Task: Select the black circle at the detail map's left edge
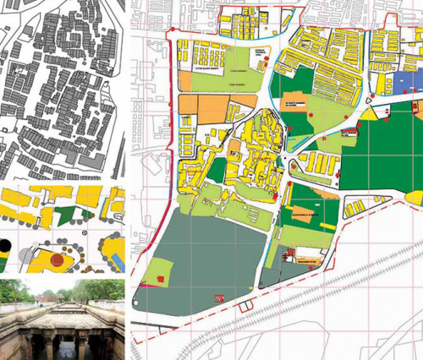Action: tap(4, 246)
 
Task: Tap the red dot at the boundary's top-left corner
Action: tap(173, 30)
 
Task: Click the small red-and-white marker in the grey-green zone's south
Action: tap(218, 297)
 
